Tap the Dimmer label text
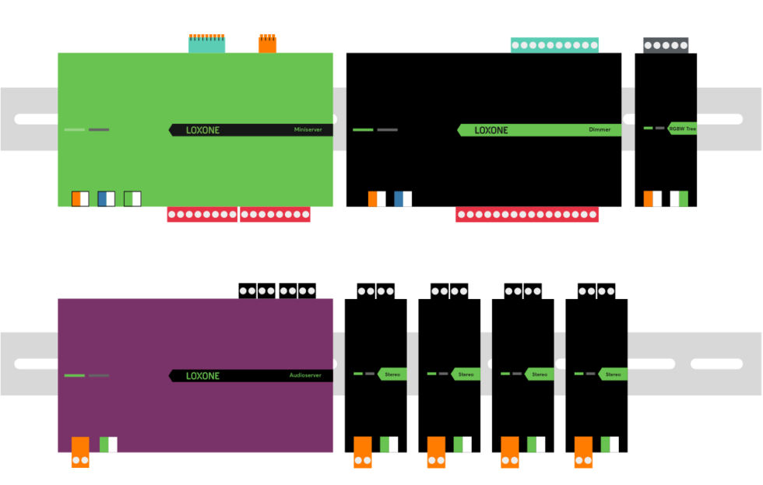[x=599, y=130]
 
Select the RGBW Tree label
[x=682, y=128]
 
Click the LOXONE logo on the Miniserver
[x=202, y=130]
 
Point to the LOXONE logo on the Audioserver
[x=202, y=375]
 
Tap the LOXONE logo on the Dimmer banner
[x=491, y=130]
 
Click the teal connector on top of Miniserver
[x=207, y=44]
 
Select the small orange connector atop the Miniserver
[x=267, y=44]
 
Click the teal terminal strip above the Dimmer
[x=554, y=45]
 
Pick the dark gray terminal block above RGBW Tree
[x=665, y=45]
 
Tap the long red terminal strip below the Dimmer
[x=527, y=215]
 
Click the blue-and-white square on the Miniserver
[x=107, y=199]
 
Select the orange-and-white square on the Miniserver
[x=80, y=199]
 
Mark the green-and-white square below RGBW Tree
[x=679, y=199]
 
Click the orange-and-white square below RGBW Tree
[x=652, y=199]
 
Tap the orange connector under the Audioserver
[x=80, y=452]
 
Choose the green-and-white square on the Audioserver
[x=108, y=445]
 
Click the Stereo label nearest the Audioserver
[x=392, y=374]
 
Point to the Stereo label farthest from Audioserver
[x=613, y=374]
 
